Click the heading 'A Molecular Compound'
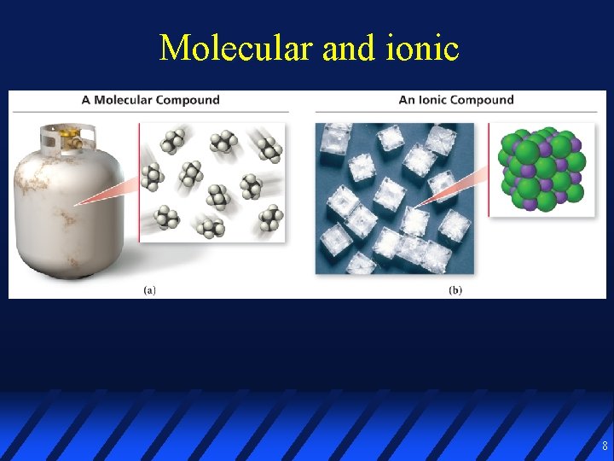pyautogui.click(x=150, y=100)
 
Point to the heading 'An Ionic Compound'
pyautogui.click(x=456, y=100)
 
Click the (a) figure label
pyautogui.click(x=149, y=290)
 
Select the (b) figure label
pyautogui.click(x=455, y=290)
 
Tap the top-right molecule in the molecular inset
pyautogui.click(x=270, y=151)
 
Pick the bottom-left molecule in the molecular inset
pyautogui.click(x=167, y=219)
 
